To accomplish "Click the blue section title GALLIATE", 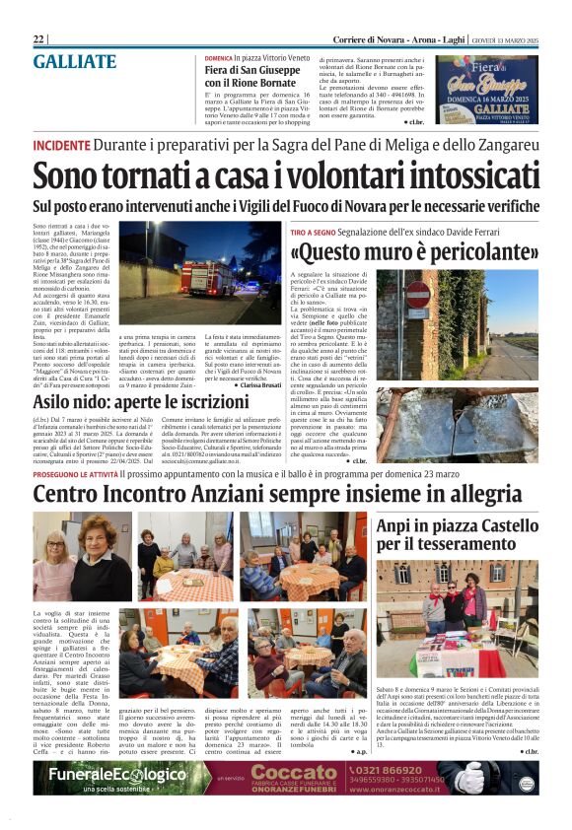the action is coord(75,61).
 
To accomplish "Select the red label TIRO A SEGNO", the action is coord(316,231).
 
